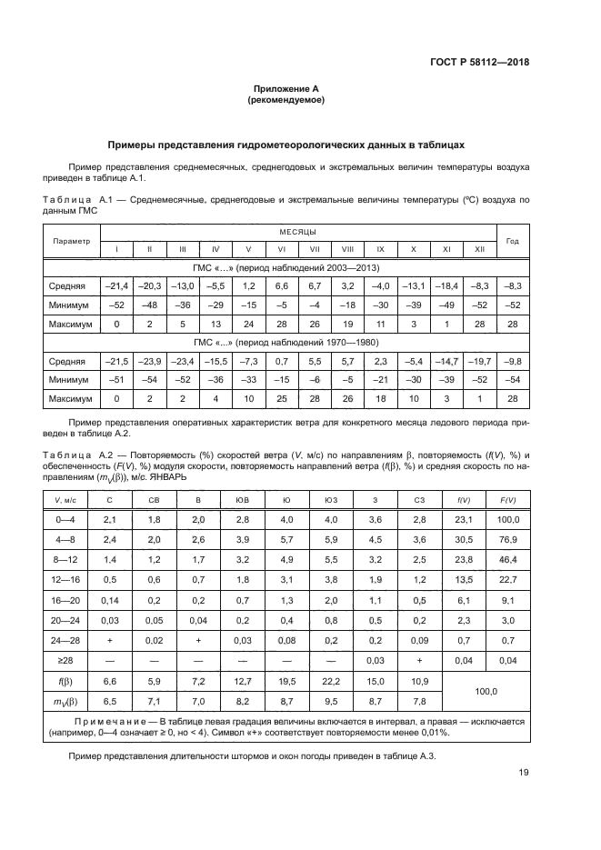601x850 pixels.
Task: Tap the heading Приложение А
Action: point(286,88)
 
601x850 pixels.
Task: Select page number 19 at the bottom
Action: point(523,774)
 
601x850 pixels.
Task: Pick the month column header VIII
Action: point(347,249)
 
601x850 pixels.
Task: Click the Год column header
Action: point(512,241)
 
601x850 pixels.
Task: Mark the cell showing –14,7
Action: point(446,361)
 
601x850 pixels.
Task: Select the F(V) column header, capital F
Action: point(508,500)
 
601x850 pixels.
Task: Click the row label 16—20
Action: point(65,601)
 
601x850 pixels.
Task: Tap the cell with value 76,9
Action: point(508,539)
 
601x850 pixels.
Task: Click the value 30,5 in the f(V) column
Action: point(463,539)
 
